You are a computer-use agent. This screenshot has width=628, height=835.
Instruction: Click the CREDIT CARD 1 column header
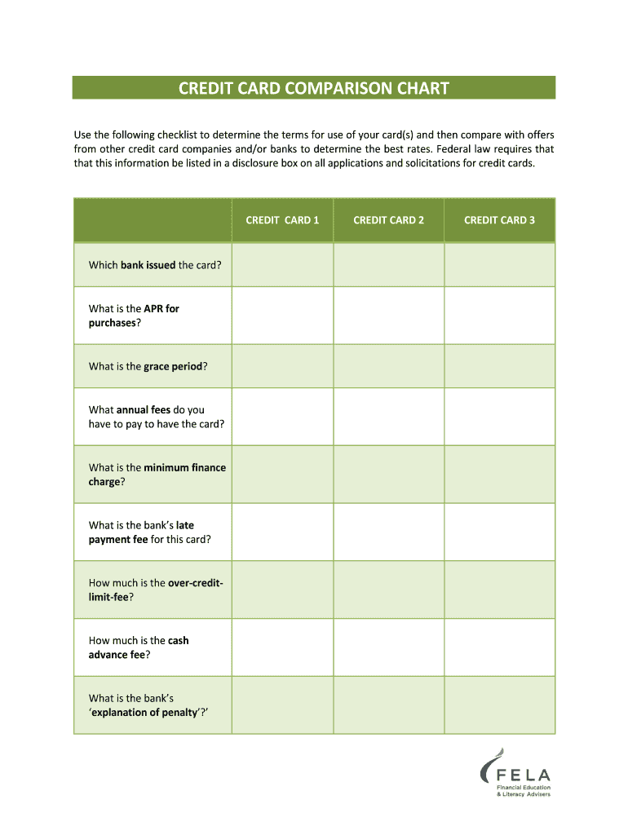282,220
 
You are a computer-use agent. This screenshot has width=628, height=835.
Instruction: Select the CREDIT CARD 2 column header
388,220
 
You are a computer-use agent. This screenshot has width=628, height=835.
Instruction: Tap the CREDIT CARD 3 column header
499,220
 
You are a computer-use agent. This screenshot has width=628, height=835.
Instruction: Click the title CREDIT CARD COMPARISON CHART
314,88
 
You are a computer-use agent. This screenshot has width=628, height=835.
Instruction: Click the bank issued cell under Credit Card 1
282,265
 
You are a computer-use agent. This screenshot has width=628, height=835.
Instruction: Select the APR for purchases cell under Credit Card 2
388,316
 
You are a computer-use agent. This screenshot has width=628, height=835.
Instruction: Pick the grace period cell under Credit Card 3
499,366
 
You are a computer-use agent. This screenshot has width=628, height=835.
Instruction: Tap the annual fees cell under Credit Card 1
282,417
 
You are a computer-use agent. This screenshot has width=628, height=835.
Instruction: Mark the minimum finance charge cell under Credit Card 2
388,475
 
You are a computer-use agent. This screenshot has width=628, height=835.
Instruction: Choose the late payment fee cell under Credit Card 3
499,532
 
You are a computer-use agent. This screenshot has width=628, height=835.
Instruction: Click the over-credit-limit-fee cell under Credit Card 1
282,590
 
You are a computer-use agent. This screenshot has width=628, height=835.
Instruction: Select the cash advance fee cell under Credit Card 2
388,647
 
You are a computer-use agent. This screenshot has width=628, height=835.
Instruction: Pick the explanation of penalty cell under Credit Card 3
499,705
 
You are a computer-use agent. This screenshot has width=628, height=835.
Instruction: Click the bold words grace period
173,367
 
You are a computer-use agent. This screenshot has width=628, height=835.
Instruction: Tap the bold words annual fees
144,410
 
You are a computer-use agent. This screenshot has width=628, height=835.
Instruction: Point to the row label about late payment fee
149,532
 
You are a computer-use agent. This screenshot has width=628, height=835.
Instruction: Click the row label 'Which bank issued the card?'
155,265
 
